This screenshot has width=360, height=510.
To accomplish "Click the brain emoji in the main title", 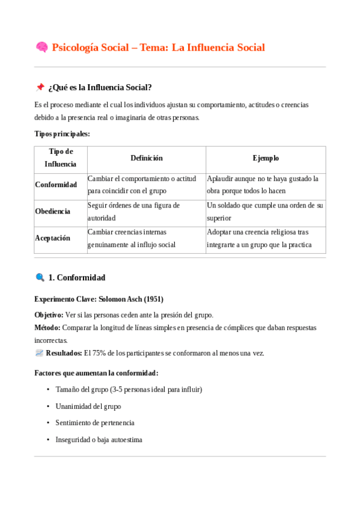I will pos(41,48).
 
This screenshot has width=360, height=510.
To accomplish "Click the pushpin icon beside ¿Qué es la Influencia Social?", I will pos(40,88).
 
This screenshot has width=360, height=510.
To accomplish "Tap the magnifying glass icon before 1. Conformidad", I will pos(40,278).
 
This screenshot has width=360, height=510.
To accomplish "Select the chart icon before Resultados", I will pos(39,353).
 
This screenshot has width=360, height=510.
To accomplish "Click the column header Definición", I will pos(147,158).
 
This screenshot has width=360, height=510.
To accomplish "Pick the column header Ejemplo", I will pos(266,158).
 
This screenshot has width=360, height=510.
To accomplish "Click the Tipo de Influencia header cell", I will pos(61,158).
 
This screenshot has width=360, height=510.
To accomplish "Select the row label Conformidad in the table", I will pos(56,185).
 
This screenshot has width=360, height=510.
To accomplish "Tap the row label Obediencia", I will pos(53,211).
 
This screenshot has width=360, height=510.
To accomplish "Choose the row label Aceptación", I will pos(53,238).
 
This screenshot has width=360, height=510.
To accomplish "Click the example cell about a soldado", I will pos(265,211).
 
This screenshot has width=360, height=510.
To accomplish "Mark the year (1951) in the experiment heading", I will pos(153,299).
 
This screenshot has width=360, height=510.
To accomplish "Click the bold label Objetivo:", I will pos(49,315).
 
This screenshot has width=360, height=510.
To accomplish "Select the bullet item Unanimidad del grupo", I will pos(88,406).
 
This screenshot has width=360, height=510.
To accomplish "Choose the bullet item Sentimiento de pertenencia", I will pos(95,423).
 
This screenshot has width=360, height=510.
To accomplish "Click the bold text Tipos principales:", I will pos(63,134).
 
